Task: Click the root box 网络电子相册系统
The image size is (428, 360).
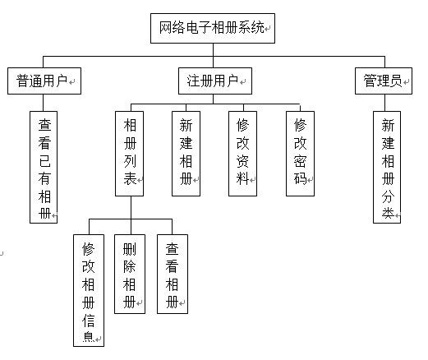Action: [213, 28]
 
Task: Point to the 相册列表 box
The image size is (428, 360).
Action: [130, 152]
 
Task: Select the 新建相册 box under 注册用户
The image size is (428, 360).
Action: [186, 152]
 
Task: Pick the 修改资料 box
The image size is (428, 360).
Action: [242, 152]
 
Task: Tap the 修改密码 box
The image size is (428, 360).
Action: [301, 152]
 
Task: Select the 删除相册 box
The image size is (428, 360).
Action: [129, 276]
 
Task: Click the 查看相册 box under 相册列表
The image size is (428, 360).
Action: [173, 276]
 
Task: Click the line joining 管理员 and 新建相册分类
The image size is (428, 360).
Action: [387, 101]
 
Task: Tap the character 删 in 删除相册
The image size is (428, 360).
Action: [129, 248]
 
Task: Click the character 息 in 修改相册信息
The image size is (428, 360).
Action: [89, 337]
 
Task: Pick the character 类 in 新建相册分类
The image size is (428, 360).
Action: [388, 213]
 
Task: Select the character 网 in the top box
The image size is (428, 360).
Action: [165, 28]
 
